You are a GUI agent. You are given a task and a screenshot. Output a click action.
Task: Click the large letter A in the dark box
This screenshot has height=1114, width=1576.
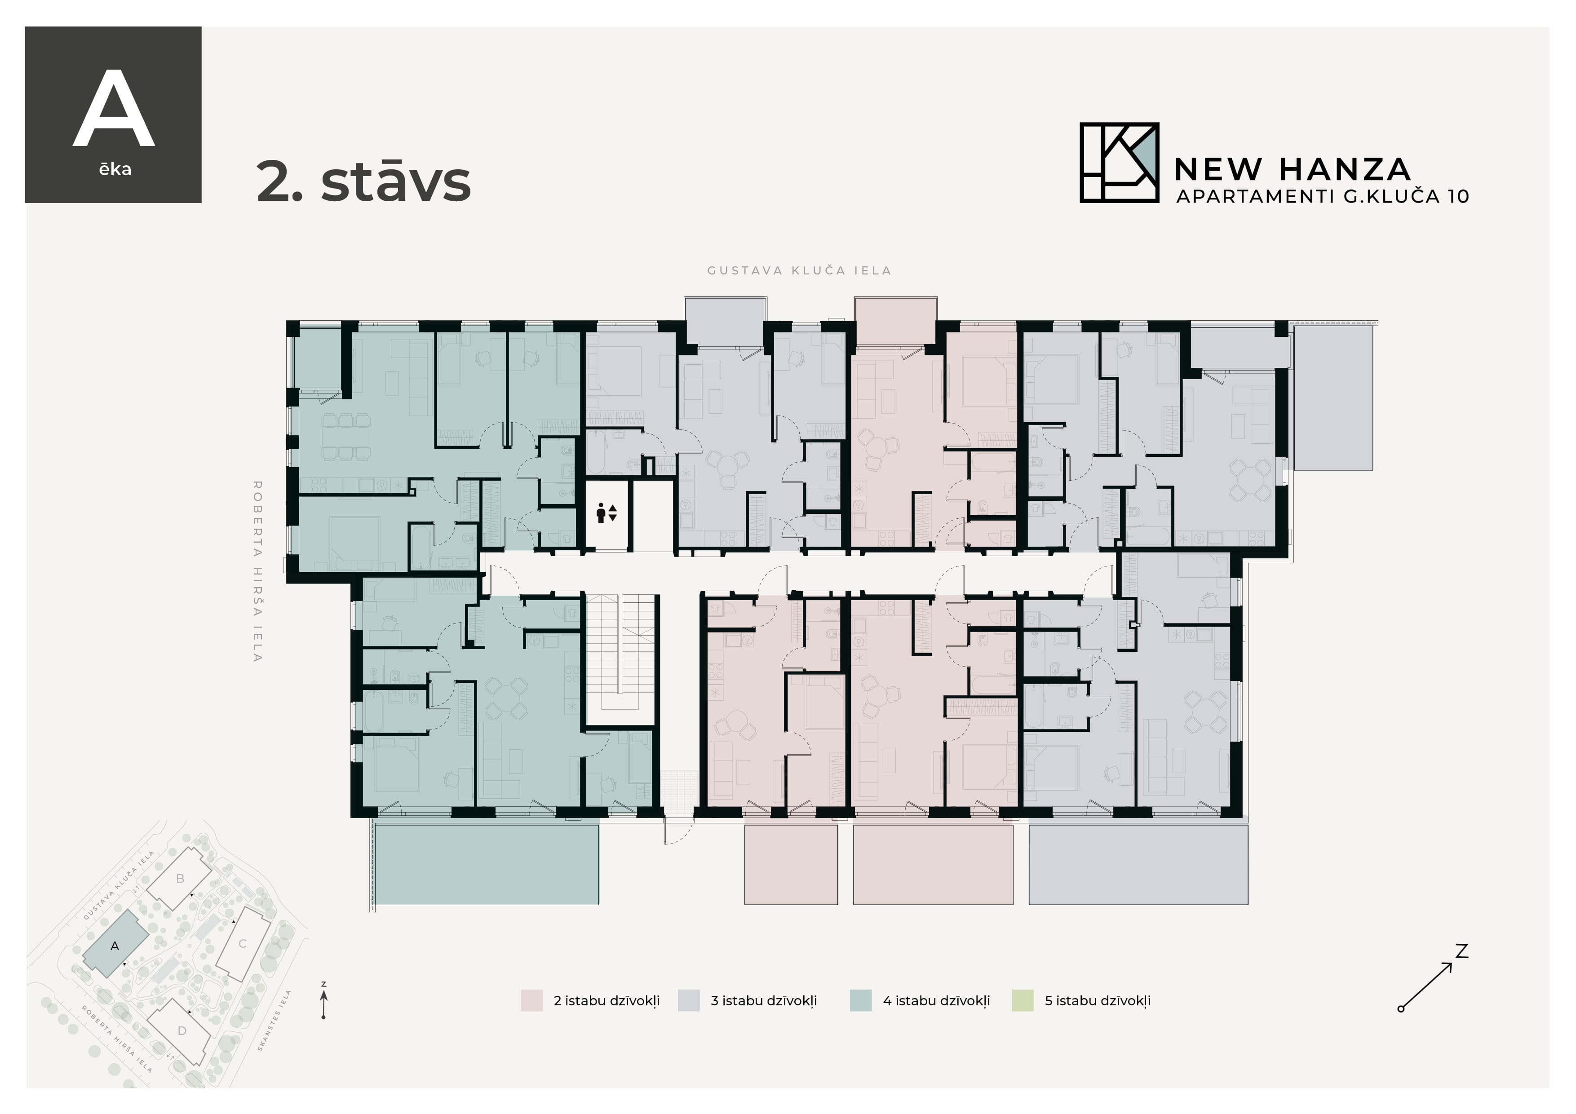[x=114, y=110]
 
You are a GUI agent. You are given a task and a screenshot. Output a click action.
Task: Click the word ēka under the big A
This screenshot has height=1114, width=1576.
[x=115, y=169]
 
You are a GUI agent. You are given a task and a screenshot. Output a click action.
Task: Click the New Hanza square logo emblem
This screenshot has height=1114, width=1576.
[x=1119, y=163]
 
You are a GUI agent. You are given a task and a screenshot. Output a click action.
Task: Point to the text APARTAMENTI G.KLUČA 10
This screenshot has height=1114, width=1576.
[x=1322, y=196]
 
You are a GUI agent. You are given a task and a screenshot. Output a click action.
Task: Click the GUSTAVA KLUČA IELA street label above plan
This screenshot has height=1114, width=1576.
[x=799, y=270]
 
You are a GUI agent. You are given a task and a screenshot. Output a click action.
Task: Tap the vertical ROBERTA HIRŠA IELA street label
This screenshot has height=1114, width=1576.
[x=257, y=570]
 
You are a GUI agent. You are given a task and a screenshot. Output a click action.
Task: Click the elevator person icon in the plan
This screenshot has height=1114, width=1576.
[x=601, y=513]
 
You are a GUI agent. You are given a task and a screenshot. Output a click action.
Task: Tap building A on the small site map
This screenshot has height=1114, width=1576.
[x=115, y=946]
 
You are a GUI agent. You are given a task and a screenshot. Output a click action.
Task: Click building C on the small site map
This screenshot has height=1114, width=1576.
[x=242, y=944]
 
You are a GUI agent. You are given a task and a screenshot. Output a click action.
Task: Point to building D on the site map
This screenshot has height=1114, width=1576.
[x=182, y=1030]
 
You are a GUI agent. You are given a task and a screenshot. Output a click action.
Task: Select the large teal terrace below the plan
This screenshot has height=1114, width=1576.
[x=487, y=864]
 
